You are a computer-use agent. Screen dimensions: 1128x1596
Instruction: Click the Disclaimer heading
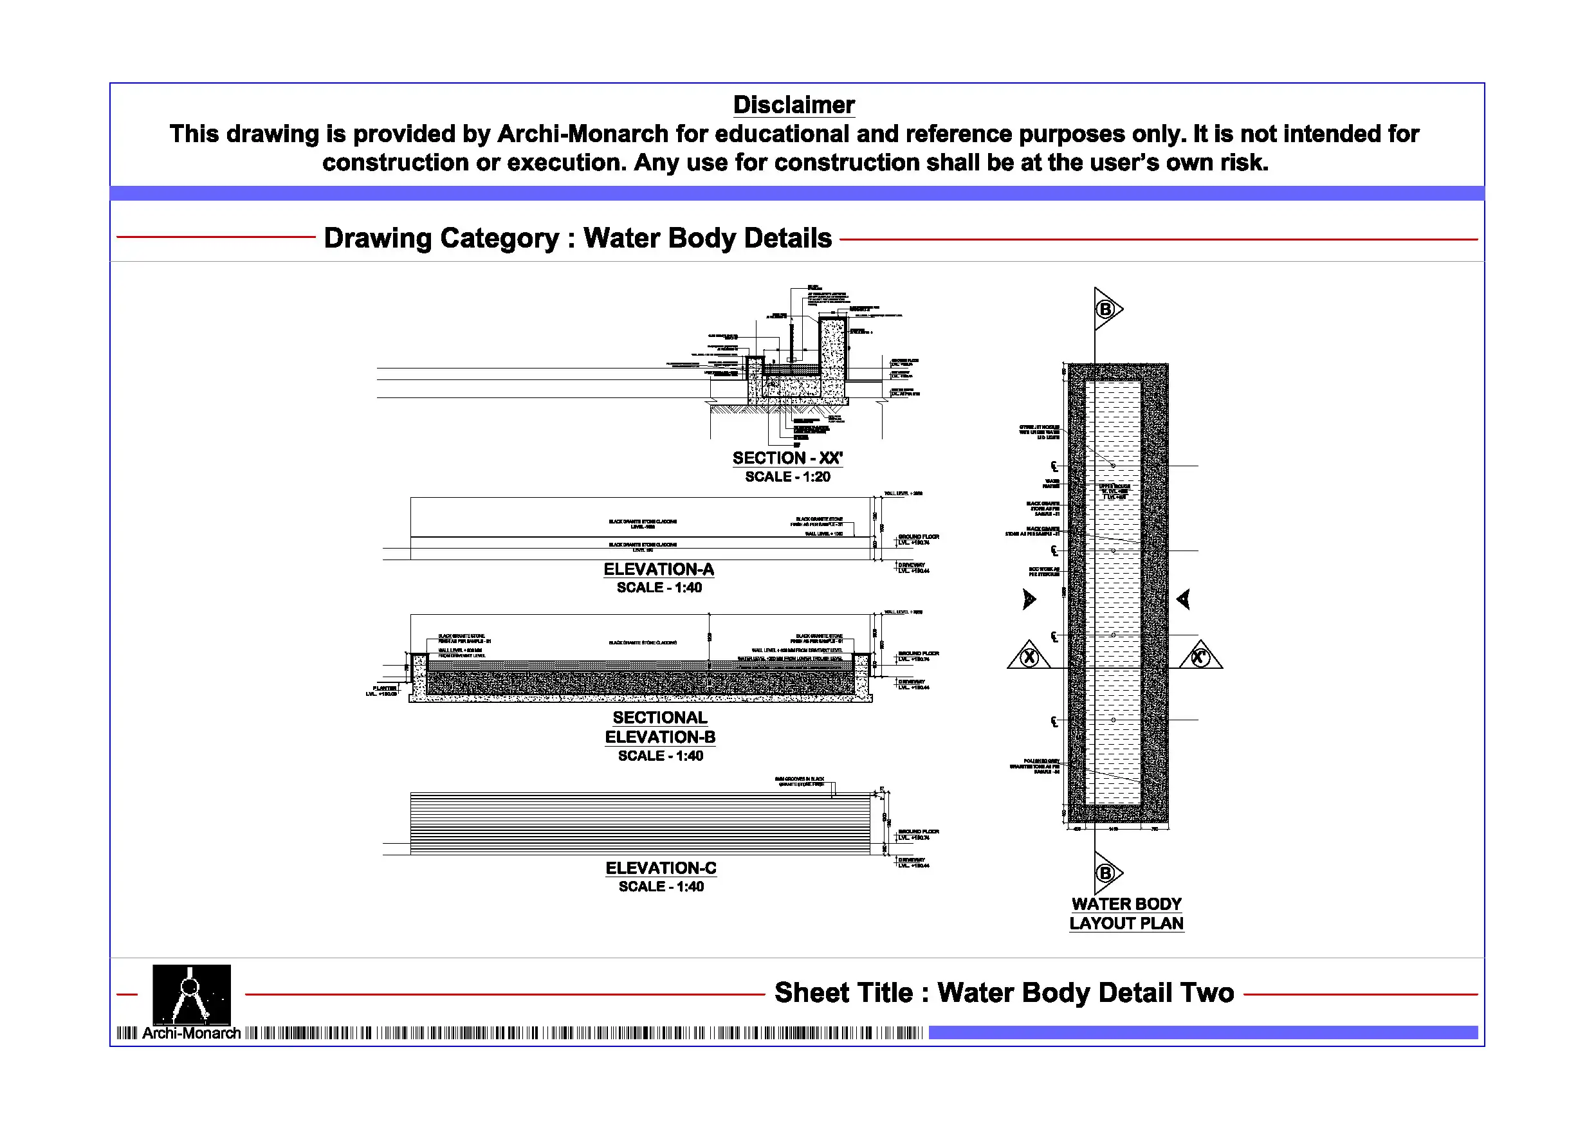point(794,105)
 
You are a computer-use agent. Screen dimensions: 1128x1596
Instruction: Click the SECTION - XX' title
point(787,458)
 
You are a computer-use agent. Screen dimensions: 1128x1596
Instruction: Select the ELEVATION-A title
point(658,569)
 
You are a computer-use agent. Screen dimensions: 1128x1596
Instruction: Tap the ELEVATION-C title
point(661,868)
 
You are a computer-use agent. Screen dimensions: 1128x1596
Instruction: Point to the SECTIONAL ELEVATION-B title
point(659,727)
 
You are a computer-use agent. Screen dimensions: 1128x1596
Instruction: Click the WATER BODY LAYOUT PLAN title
point(1126,913)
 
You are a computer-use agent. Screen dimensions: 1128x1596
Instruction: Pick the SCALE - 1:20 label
point(787,477)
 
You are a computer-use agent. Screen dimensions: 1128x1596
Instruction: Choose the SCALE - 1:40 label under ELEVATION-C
point(661,887)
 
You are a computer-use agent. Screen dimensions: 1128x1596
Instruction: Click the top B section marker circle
point(1105,309)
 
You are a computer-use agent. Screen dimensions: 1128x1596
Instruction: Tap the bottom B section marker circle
point(1105,873)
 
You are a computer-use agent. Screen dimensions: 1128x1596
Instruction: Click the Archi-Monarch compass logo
point(191,994)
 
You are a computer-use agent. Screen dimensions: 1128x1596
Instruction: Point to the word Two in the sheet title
point(1206,992)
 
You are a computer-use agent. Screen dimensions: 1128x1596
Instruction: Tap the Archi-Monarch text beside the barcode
point(191,1033)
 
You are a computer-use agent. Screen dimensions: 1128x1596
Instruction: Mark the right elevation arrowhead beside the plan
point(1183,599)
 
